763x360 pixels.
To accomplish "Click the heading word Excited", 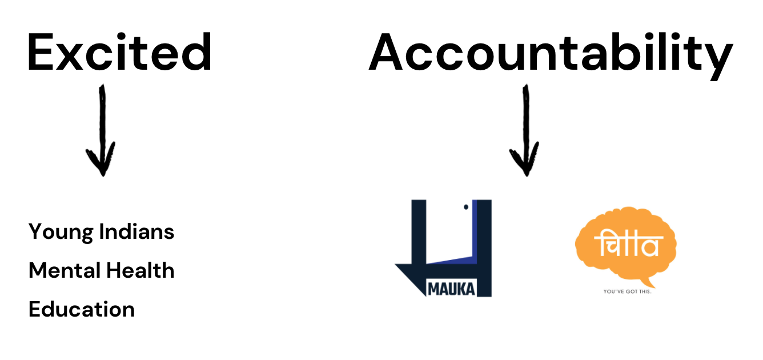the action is (119, 52).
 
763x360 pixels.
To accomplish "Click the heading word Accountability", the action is (550, 53).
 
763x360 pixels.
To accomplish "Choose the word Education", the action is (82, 309).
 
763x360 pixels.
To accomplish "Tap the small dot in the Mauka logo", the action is (466, 206).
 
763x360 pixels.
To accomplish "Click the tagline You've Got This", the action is (627, 292).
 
